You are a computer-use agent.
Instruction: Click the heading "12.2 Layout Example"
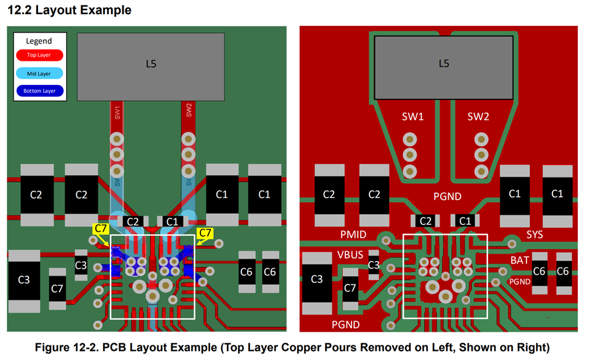[x=69, y=10]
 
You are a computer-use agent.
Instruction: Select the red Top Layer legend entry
[x=39, y=55]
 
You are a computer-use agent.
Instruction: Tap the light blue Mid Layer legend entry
[x=39, y=74]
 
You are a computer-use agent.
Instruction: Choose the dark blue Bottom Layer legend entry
[x=39, y=91]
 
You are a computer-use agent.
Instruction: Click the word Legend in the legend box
[x=39, y=41]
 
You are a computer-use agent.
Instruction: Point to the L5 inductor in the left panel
[x=151, y=63]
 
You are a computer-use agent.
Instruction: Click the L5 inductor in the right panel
[x=444, y=63]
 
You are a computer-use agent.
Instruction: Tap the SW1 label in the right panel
[x=412, y=117]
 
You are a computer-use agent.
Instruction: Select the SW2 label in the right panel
[x=478, y=117]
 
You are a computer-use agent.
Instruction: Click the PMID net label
[x=353, y=234]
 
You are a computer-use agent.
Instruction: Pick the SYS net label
[x=534, y=235]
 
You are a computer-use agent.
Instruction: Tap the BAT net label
[x=519, y=260]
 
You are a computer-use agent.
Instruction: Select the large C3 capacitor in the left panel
[x=23, y=280]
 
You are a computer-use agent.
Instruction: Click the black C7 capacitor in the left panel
[x=57, y=288]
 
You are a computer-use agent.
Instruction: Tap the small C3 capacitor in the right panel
[x=374, y=265]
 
